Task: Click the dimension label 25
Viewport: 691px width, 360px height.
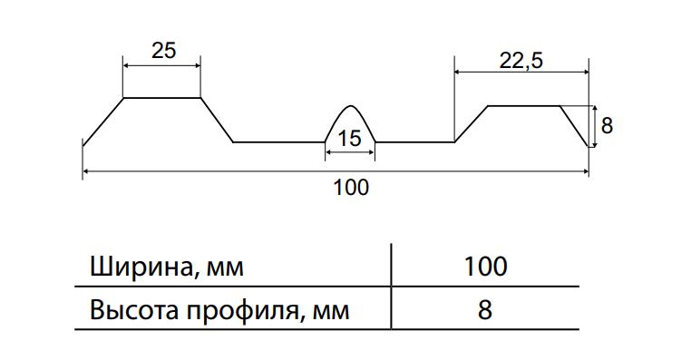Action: point(164,50)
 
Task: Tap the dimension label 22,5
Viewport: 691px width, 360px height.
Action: point(521,61)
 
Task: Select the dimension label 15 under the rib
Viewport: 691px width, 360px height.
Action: point(349,139)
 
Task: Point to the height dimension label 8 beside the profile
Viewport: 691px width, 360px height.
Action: point(607,125)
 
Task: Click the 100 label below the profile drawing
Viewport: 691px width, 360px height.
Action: point(351,188)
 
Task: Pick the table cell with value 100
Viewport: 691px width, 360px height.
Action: point(486,267)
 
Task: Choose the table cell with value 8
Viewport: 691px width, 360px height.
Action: point(485,310)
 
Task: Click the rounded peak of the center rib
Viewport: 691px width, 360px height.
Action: point(350,106)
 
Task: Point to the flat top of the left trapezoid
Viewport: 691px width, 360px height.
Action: point(162,97)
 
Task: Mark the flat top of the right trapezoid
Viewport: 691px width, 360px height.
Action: point(524,106)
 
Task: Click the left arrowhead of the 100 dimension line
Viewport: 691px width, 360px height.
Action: point(87,171)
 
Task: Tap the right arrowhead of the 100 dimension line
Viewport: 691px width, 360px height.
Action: point(585,171)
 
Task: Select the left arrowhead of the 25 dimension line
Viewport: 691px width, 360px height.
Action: point(127,66)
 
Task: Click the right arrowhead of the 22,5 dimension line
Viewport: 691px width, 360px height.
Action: point(585,72)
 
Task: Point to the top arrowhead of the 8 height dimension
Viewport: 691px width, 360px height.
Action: point(595,110)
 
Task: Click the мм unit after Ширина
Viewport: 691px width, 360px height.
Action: point(225,268)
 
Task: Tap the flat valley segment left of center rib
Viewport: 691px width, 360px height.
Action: point(279,141)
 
